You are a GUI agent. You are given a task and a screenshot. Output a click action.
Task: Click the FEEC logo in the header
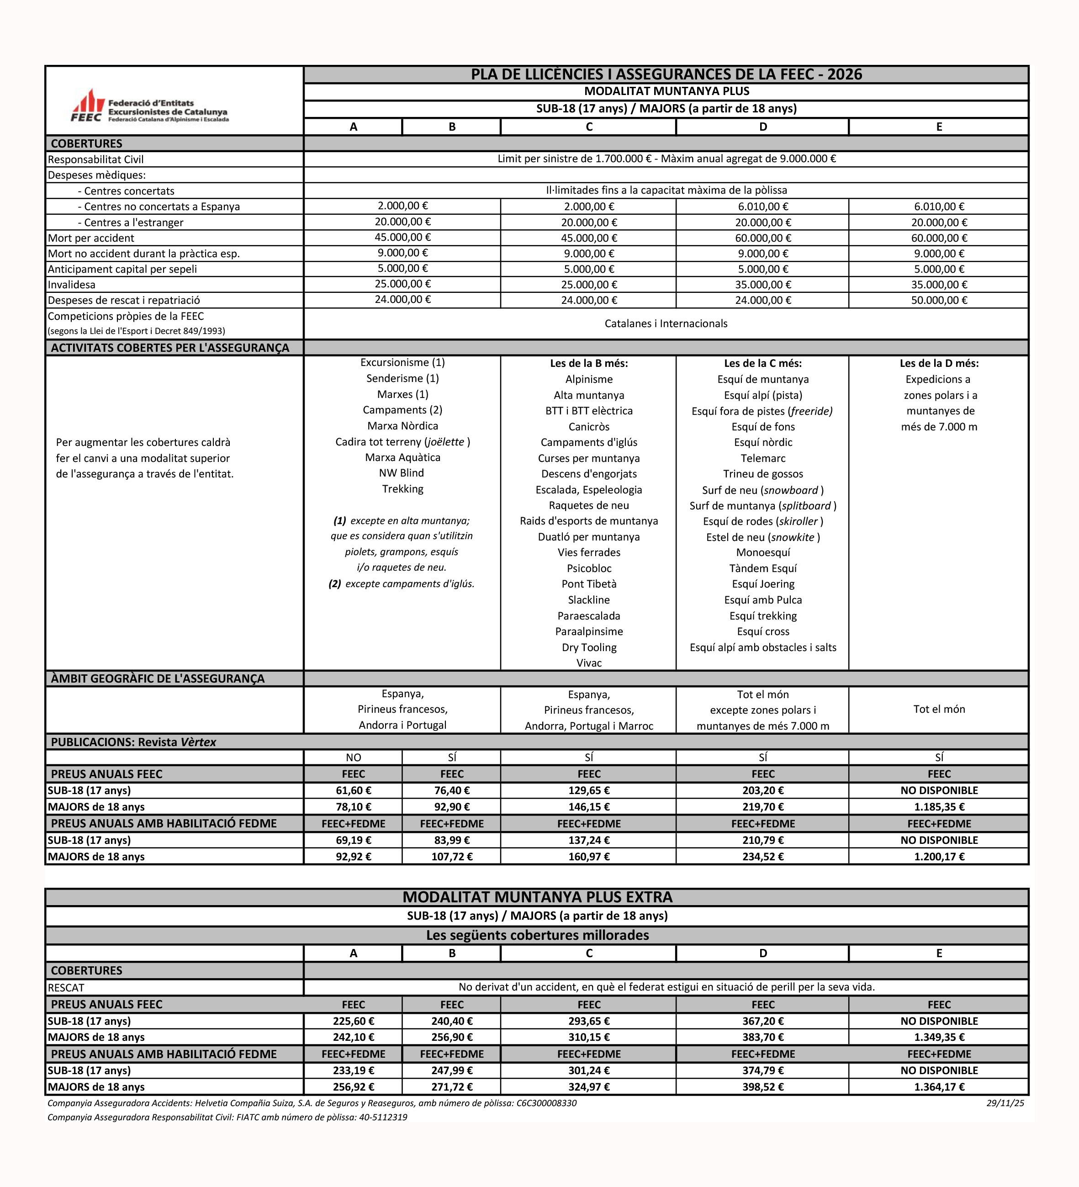coord(149,106)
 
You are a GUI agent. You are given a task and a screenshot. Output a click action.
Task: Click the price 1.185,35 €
coord(939,807)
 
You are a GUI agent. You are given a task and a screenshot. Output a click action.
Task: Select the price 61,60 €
coord(353,790)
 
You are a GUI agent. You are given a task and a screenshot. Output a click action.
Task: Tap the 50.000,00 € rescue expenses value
coord(939,300)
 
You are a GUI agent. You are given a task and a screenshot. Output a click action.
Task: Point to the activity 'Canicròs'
coord(589,426)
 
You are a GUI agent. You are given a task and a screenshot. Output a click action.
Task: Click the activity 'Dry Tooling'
coord(589,647)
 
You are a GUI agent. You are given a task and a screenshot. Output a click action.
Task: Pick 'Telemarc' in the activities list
coord(763,458)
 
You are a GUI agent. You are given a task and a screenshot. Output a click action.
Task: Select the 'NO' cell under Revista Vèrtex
coord(353,757)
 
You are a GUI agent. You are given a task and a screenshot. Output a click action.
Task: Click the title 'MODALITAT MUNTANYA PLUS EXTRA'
coord(537,897)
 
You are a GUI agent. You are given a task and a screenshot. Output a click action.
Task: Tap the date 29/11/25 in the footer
coord(1005,1103)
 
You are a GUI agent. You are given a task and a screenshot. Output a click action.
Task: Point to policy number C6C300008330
coord(546,1103)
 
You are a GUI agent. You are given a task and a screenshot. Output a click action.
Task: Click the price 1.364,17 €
coord(939,1086)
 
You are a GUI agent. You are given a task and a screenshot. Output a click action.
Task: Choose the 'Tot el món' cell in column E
coord(939,709)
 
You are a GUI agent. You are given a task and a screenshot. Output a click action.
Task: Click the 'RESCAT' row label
coord(66,987)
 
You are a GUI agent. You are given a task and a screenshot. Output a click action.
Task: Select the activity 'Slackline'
coord(589,600)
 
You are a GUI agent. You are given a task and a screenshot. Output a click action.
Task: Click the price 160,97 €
coord(589,856)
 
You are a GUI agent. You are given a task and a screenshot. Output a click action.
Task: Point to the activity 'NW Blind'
coord(402,473)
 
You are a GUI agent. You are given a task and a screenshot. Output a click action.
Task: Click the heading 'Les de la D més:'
coord(939,363)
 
